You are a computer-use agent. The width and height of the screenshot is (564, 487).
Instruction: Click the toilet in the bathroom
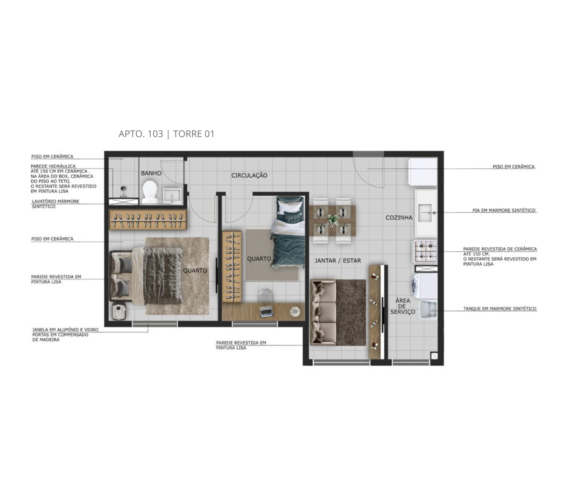pyautogui.click(x=149, y=192)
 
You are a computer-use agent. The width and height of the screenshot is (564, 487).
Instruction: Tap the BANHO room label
pyautogui.click(x=151, y=173)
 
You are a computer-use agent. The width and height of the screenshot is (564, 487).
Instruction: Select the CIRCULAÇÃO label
pyautogui.click(x=249, y=175)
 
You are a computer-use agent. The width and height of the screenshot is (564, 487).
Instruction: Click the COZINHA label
pyautogui.click(x=399, y=218)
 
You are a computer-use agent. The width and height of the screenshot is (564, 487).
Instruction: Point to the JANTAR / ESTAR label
pyautogui.click(x=338, y=261)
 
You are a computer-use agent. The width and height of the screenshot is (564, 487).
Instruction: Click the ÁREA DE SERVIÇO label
pyautogui.click(x=403, y=306)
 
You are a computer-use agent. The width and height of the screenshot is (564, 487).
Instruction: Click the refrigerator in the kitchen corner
pyautogui.click(x=423, y=172)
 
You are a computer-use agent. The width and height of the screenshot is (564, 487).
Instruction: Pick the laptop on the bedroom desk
pyautogui.click(x=266, y=312)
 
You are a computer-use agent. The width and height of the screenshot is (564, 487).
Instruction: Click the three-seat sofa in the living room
pyautogui.click(x=324, y=312)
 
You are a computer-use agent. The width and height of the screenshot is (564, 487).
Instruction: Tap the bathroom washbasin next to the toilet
pyautogui.click(x=172, y=196)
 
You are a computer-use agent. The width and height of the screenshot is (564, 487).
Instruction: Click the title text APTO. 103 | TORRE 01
pyautogui.click(x=166, y=134)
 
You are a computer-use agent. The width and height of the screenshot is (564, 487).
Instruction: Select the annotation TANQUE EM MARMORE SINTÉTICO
pyautogui.click(x=500, y=309)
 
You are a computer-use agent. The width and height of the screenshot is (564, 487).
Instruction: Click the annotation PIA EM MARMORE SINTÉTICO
pyautogui.click(x=504, y=210)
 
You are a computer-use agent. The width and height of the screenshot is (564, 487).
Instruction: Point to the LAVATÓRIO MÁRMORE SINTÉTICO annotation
pyautogui.click(x=55, y=204)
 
